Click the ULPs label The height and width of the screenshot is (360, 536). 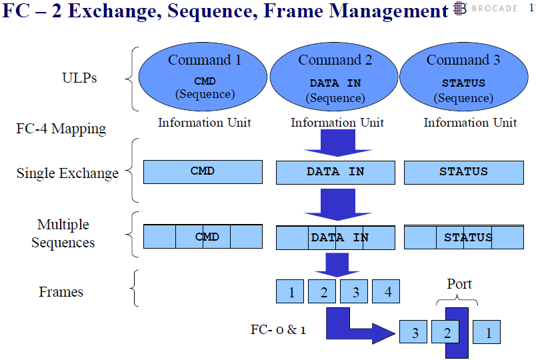(79, 78)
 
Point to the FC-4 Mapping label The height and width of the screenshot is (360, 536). (61, 129)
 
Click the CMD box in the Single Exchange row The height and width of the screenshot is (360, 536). (203, 172)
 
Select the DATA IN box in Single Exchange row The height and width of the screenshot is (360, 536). (335, 172)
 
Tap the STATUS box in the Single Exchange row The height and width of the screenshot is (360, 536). (463, 172)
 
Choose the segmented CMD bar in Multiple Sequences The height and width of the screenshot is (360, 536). (203, 237)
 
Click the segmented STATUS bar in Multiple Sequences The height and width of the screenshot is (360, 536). (463, 237)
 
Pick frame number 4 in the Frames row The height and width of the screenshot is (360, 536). (387, 292)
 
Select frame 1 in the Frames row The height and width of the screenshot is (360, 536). (291, 292)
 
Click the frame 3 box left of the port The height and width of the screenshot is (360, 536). (415, 332)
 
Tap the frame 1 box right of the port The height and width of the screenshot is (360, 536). (488, 332)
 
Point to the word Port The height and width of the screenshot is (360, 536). (459, 284)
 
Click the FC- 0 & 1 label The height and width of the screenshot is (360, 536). (278, 329)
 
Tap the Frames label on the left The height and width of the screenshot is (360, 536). (61, 292)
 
